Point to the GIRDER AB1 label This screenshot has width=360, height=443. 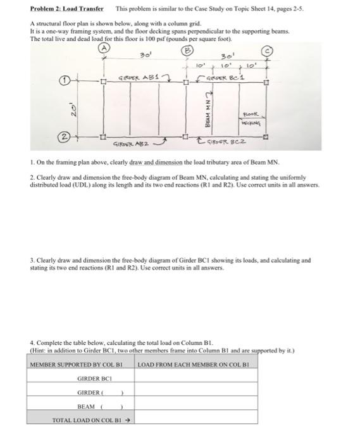[x=140, y=78]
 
